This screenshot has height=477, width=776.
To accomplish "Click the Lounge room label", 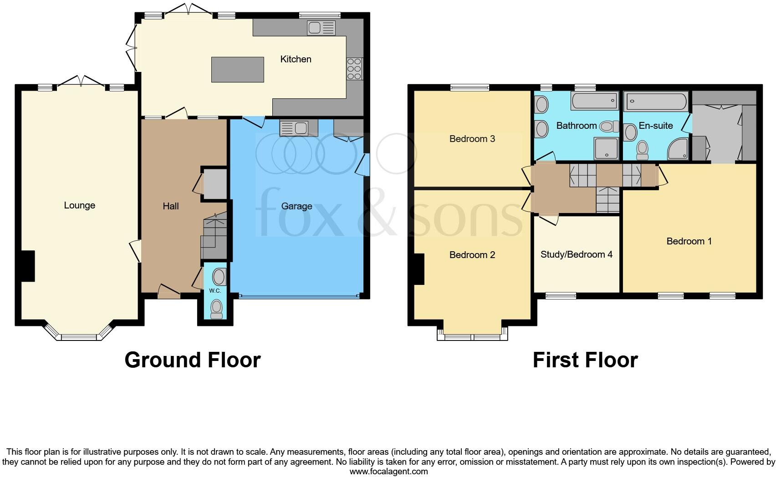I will click(79, 205).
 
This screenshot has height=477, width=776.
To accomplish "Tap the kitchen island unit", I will click(237, 70).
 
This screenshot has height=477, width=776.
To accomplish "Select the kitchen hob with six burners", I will click(354, 69).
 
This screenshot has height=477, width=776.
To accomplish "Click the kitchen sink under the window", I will click(321, 28).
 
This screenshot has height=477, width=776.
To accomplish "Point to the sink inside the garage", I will click(294, 128).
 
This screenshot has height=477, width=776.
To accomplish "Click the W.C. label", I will click(215, 291).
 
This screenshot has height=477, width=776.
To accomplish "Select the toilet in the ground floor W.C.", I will click(217, 308).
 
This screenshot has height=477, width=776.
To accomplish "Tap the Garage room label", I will click(296, 206).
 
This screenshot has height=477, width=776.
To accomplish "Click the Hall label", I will click(171, 206).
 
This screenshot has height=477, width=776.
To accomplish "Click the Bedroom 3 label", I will click(472, 139).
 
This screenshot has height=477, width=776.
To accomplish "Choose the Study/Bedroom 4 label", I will click(576, 254).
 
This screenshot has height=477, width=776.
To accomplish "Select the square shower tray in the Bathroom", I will click(606, 148).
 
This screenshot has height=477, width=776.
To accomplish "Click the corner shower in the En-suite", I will click(679, 149).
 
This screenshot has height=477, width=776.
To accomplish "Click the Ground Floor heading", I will click(192, 360).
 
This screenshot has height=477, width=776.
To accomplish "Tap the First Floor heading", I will click(585, 360).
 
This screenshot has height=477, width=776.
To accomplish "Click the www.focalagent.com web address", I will click(388, 472).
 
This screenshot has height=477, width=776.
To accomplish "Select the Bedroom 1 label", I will click(689, 241).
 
